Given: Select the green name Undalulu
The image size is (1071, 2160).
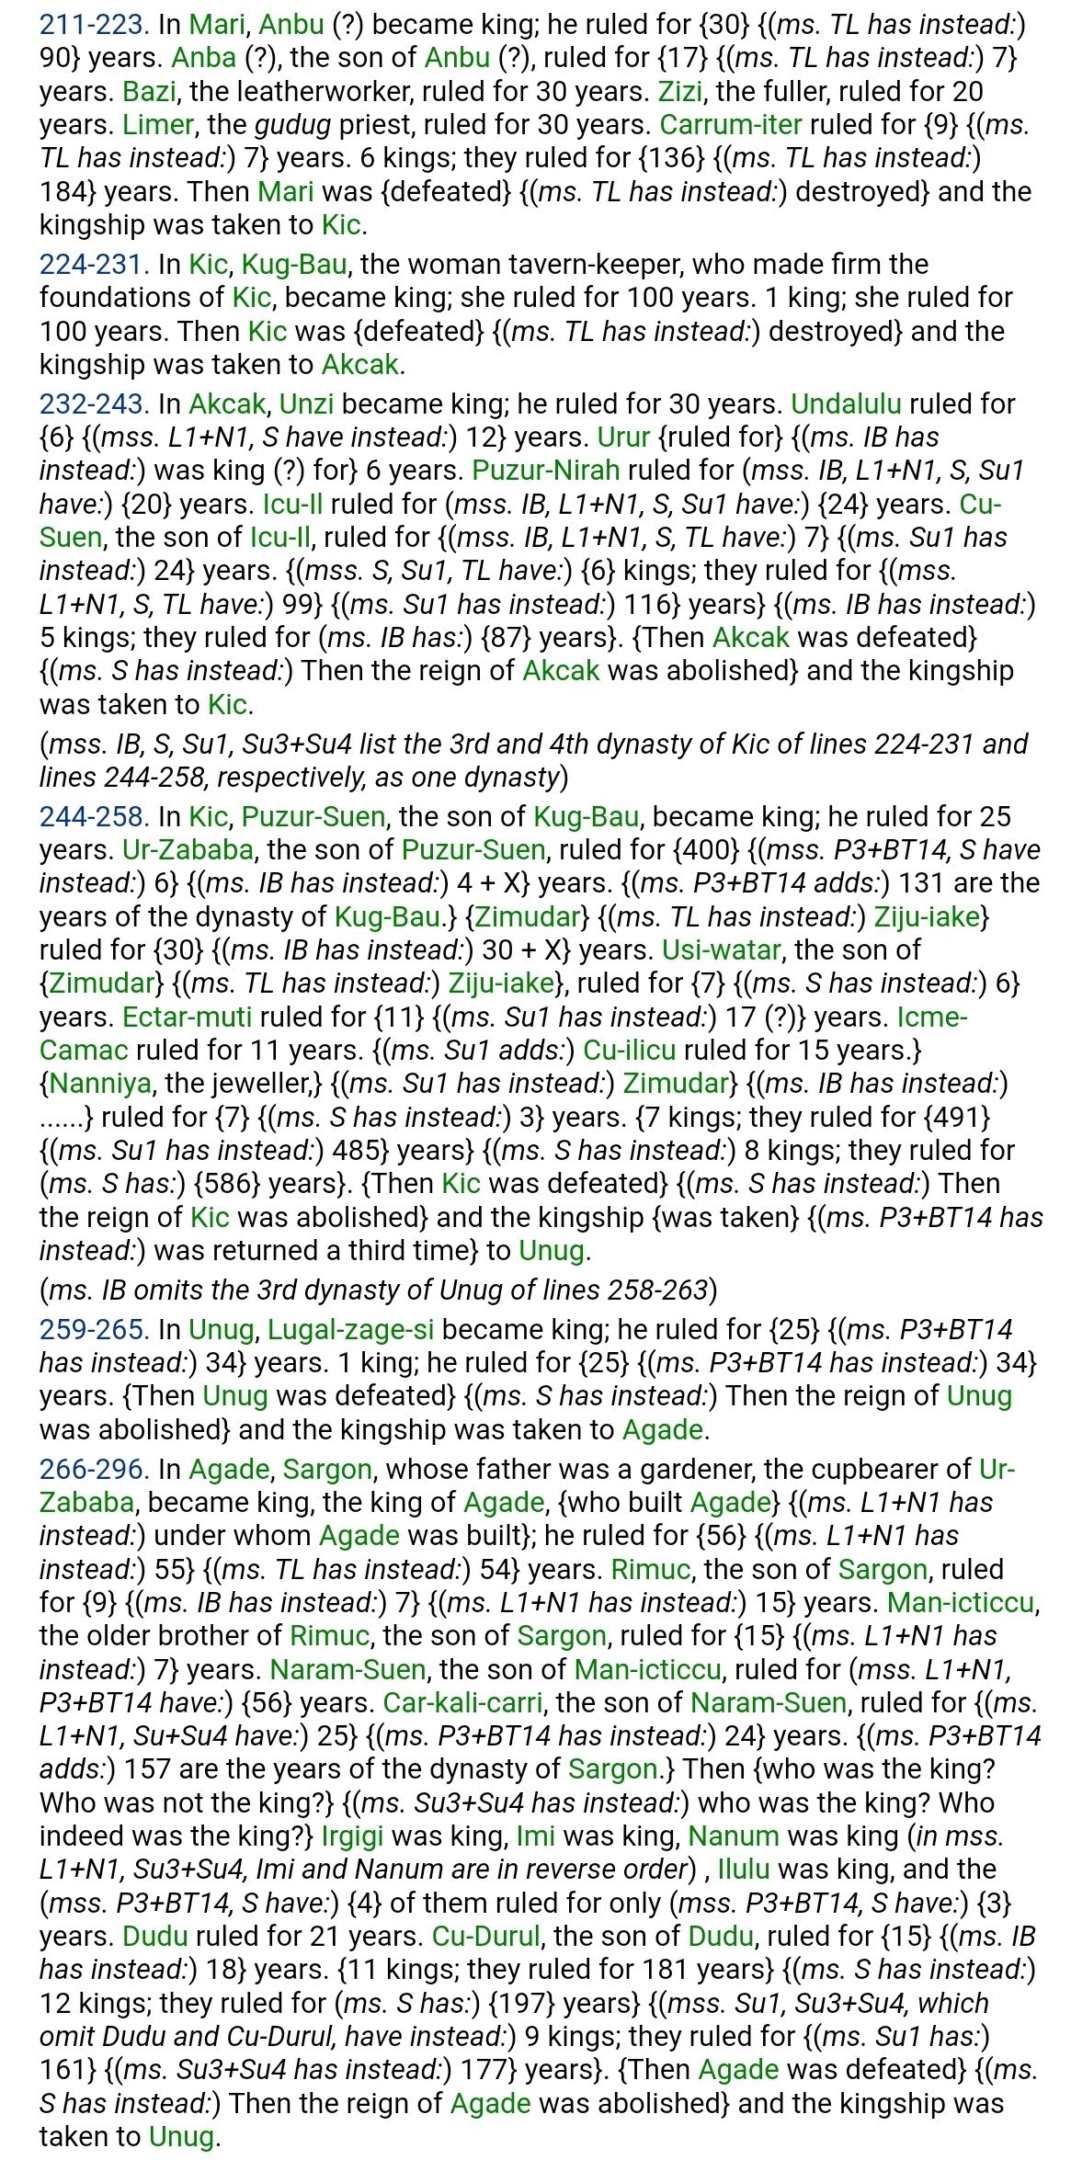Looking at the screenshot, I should click(x=846, y=404).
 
